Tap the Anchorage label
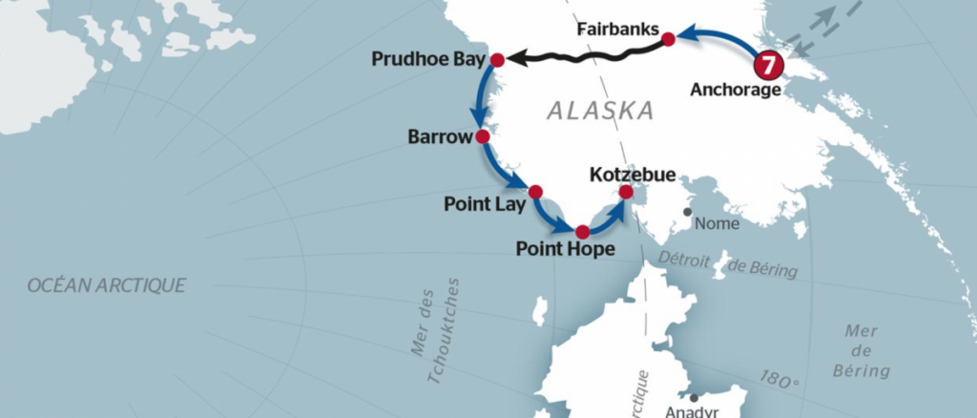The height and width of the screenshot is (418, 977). tap(736, 91)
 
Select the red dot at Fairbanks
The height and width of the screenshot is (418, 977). tap(669, 39)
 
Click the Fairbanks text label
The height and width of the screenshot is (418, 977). tap(618, 31)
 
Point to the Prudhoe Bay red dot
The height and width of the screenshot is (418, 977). tap(497, 60)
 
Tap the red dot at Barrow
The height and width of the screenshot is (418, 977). tap(483, 136)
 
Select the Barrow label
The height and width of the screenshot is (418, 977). tap(440, 137)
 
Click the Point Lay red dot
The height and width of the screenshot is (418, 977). tap(535, 192)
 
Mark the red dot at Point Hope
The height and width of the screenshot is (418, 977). tap(582, 232)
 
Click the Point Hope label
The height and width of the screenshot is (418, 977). tap(565, 250)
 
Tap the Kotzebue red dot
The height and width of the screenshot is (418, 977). tap(626, 192)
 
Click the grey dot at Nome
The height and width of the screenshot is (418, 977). tap(687, 212)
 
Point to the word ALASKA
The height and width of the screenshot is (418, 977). tap(601, 111)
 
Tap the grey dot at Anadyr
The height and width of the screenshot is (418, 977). tap(695, 398)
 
